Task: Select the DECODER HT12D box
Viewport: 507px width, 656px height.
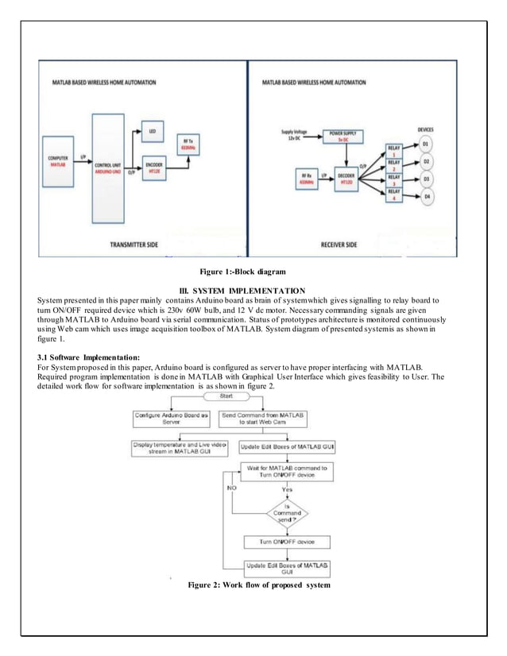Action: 346,177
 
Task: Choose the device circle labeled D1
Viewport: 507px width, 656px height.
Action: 426,145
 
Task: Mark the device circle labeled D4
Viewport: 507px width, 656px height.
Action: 426,195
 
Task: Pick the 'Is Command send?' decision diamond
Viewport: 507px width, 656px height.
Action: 288,514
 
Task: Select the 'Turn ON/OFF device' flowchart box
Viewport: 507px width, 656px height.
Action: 277,542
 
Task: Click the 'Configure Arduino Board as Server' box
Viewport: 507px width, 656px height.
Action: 170,419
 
